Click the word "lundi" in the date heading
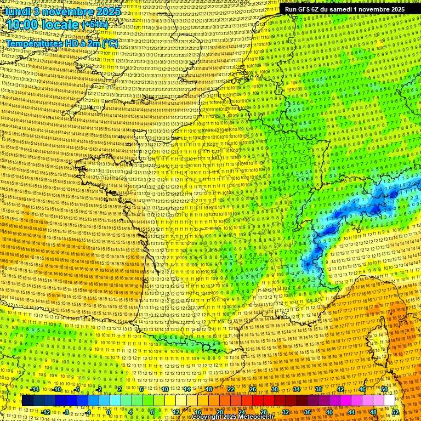[17, 10]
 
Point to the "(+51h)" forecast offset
[95, 25]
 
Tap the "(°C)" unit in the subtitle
[109, 43]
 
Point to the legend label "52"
[395, 412]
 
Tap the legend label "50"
[384, 389]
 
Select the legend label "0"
[109, 412]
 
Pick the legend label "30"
[275, 389]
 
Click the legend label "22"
[231, 389]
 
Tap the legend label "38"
[318, 389]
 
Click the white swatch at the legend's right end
[389, 401]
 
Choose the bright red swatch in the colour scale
[258, 401]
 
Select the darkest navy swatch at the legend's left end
[27, 401]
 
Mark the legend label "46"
[362, 389]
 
